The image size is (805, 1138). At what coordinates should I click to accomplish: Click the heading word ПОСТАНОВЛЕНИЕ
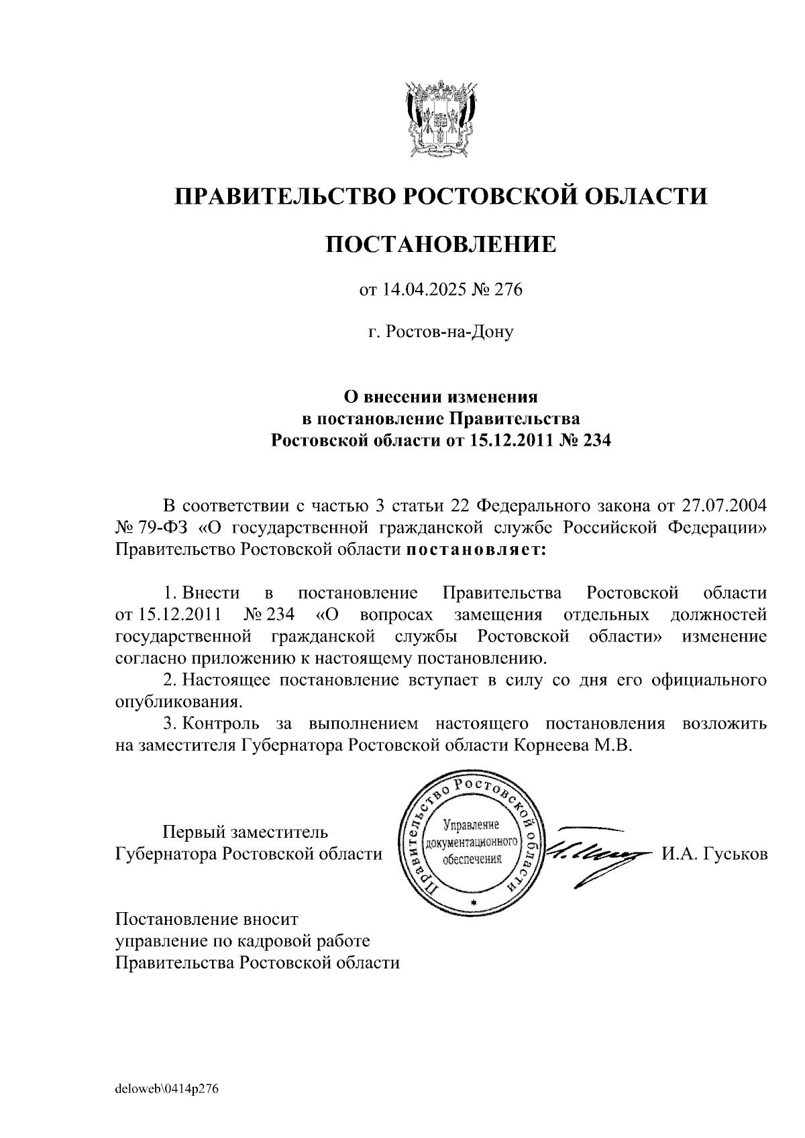pyautogui.click(x=441, y=245)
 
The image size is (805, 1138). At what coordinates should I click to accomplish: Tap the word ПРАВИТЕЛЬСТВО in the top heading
pyautogui.click(x=281, y=196)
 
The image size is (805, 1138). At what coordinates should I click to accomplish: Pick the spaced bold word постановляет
pyautogui.click(x=476, y=551)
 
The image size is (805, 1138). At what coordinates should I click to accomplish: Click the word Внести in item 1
pyautogui.click(x=211, y=593)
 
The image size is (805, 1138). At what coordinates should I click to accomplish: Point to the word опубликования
pyautogui.click(x=178, y=704)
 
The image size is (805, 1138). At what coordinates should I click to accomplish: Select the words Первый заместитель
pyautogui.click(x=246, y=832)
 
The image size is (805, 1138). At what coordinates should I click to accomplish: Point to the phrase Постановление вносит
pyautogui.click(x=207, y=918)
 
